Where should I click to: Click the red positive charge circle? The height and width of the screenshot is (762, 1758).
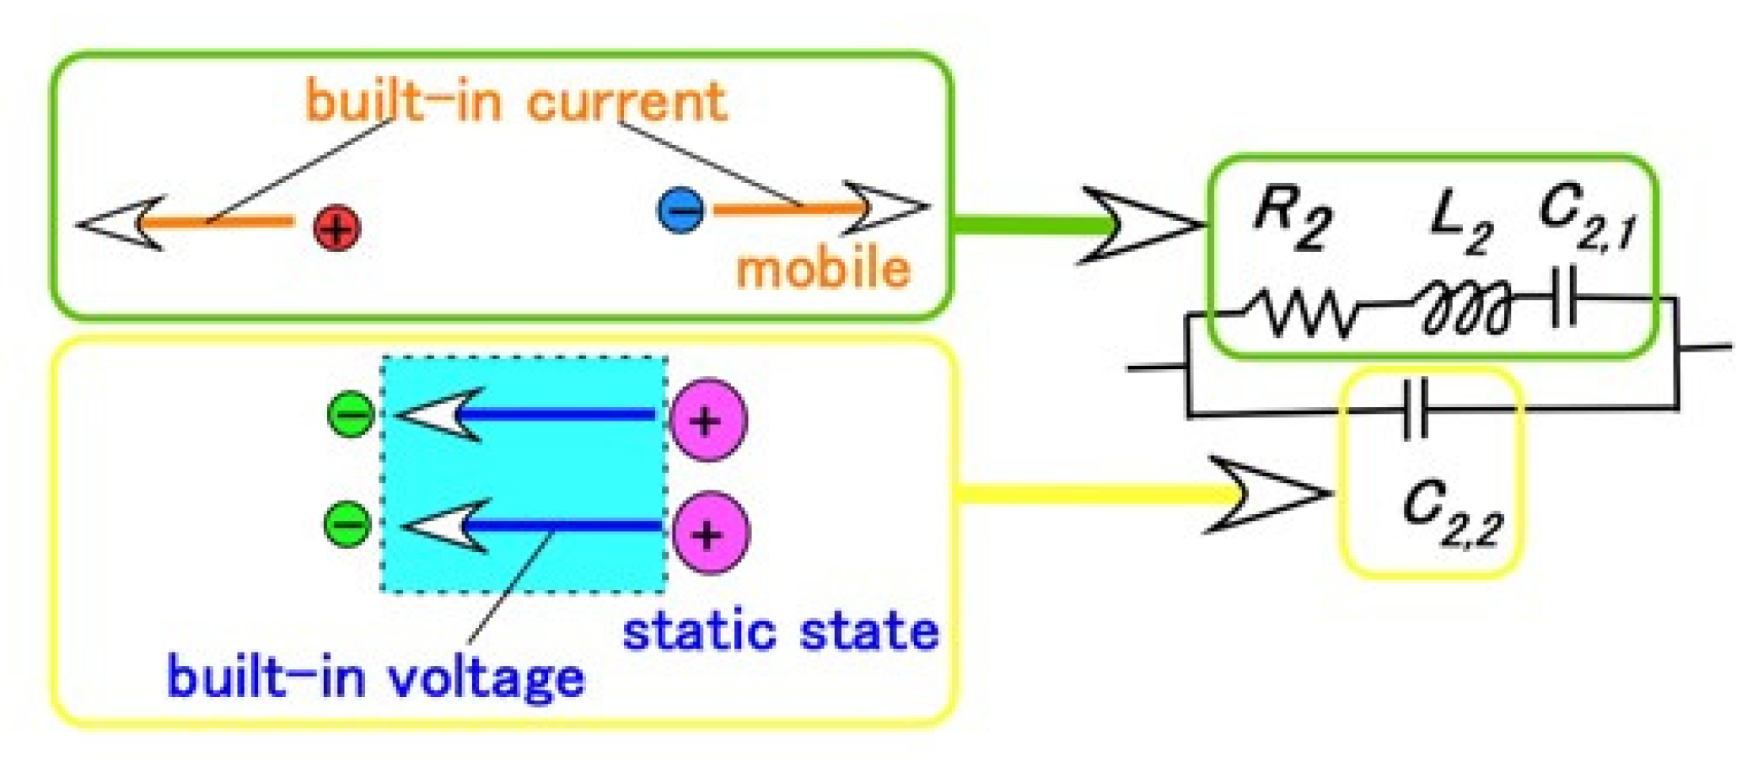coord(336,228)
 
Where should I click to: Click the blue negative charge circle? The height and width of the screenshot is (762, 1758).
coord(681,208)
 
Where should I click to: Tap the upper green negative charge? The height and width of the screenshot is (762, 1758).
coord(352,415)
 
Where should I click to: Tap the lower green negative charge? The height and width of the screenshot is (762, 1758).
coord(348,523)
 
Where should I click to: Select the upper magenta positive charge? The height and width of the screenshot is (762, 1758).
coord(707,420)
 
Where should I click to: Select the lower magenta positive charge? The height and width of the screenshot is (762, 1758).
coord(709,533)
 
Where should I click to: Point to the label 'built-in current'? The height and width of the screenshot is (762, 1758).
coord(515,101)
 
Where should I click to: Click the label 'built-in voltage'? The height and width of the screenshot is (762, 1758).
coord(375,677)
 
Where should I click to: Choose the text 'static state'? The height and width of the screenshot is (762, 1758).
coord(780,632)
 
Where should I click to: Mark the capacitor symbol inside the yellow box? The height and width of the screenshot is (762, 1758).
coord(1416,409)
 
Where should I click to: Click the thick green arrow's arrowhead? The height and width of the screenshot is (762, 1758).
coord(1142,225)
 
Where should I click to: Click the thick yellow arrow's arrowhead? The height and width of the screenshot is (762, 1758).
coord(1269,495)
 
